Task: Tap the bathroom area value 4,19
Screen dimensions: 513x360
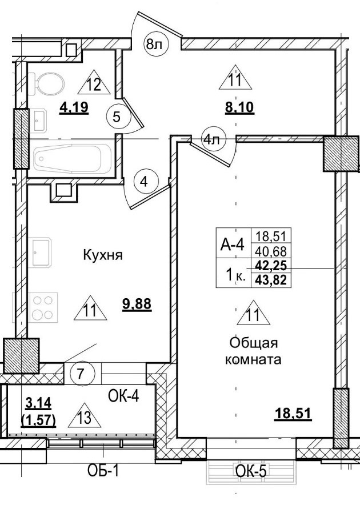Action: [x=74, y=107]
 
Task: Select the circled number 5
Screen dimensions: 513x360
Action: [x=117, y=118]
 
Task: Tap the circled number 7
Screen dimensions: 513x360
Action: [x=81, y=375]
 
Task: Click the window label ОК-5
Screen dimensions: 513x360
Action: [x=252, y=471]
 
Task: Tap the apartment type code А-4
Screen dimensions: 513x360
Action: [x=233, y=245]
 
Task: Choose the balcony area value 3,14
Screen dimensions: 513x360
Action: [x=38, y=404]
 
